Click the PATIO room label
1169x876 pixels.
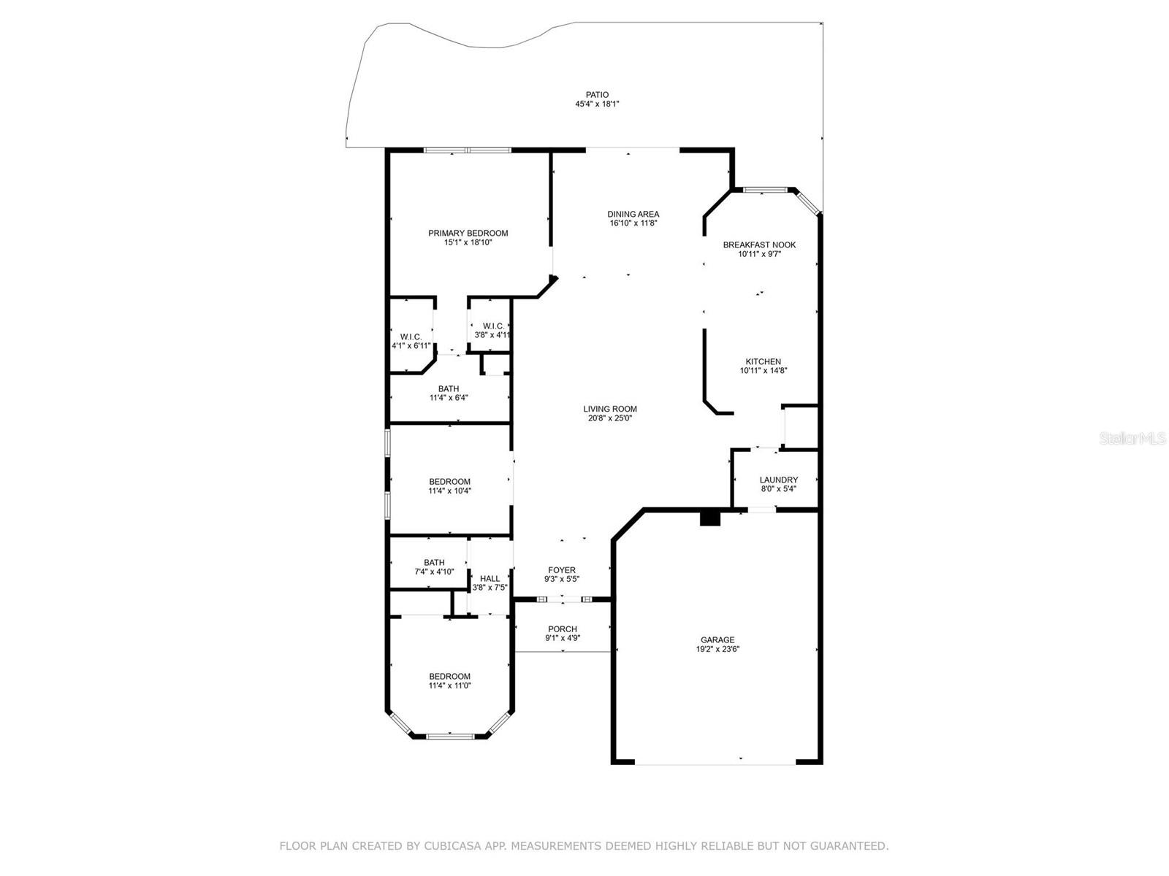tap(597, 95)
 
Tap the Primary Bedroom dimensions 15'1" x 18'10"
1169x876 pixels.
tap(468, 243)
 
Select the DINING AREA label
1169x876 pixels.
tap(633, 214)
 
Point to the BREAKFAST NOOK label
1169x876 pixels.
tap(759, 245)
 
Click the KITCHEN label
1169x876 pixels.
tap(763, 361)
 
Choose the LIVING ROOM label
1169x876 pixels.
tap(609, 409)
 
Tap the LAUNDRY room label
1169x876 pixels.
tap(778, 480)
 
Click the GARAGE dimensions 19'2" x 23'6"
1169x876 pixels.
tap(717, 649)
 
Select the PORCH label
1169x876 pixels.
tap(562, 629)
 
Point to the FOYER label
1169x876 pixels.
tap(562, 570)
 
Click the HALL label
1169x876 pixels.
tap(490, 578)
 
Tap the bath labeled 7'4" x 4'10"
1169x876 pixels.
tap(434, 567)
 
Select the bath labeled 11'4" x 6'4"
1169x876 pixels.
tap(449, 393)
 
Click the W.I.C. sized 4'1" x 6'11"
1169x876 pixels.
tap(411, 341)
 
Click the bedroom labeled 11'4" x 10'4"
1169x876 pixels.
tap(449, 486)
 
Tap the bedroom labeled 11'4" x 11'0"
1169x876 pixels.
tap(449, 681)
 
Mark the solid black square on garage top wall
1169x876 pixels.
tap(710, 518)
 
